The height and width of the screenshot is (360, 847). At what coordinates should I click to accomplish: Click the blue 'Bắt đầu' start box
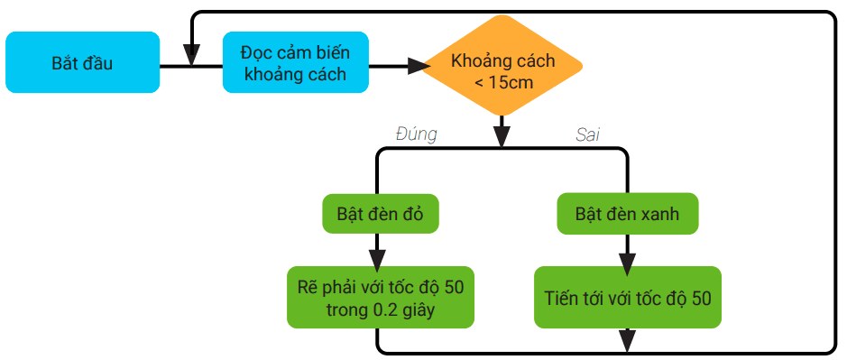pos(82,63)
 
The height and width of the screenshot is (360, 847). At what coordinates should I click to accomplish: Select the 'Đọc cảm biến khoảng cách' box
pos(296,62)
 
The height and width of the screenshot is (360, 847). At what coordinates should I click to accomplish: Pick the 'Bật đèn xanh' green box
pos(627,214)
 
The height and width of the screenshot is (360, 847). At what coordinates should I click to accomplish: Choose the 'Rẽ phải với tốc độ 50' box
pos(380,297)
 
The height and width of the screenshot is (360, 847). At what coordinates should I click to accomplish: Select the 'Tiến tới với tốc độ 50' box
pos(627,297)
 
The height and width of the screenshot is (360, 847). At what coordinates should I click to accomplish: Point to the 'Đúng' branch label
pos(417,134)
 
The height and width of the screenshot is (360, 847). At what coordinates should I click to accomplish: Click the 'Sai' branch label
pos(588,134)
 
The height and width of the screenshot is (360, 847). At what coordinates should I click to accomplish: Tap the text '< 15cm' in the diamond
pos(503,82)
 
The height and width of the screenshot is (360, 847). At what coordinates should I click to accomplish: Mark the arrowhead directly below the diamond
pos(502,136)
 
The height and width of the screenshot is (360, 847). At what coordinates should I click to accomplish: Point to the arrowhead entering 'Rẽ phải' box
pos(377,257)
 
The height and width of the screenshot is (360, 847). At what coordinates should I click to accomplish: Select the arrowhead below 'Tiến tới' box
pos(627,340)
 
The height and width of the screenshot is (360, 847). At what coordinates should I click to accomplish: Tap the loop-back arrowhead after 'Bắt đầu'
pos(191,55)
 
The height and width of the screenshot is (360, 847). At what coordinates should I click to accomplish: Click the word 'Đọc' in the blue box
pos(256,51)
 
